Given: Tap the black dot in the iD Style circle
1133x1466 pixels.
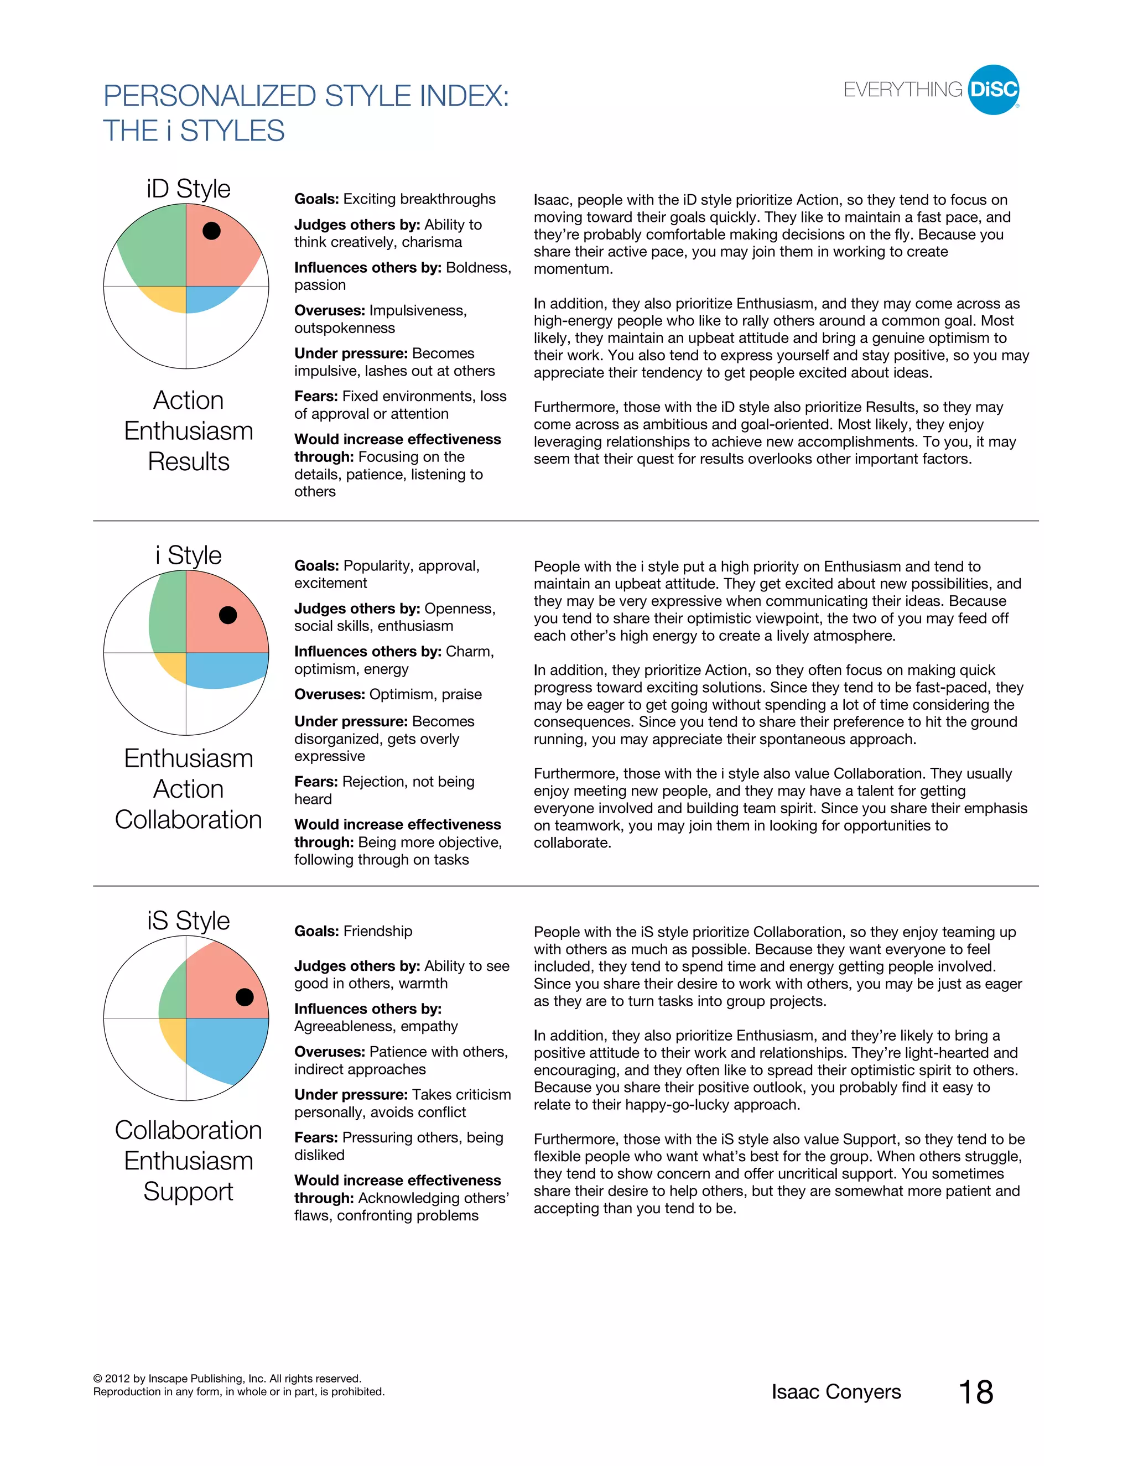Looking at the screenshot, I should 211,231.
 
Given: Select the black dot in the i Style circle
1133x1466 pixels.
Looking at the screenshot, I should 228,615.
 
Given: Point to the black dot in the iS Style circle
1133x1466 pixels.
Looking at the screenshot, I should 245,997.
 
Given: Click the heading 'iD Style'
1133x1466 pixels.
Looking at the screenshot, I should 189,189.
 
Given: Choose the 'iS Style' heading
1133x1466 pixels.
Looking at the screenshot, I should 189,921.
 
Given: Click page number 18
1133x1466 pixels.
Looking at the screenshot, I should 975,1392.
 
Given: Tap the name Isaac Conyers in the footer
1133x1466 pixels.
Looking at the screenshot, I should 836,1392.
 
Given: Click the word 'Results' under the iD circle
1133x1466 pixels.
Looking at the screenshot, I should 189,462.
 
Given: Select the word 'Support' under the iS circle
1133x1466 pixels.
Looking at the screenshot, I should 189,1192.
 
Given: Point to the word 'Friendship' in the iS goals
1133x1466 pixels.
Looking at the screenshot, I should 378,931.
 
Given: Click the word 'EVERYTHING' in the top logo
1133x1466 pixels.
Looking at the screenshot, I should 903,90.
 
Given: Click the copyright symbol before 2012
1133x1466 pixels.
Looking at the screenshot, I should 97,1379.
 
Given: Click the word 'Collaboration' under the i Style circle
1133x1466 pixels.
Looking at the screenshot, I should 189,820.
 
